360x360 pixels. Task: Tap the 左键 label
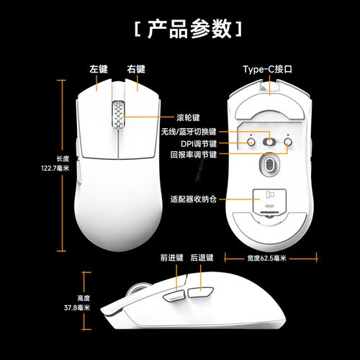click(99, 69)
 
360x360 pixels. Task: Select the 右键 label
click(136, 69)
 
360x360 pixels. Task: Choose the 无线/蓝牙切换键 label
click(189, 132)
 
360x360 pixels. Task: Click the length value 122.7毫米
click(55, 168)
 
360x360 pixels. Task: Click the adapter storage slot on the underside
click(268, 198)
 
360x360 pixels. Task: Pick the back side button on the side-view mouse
click(200, 292)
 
